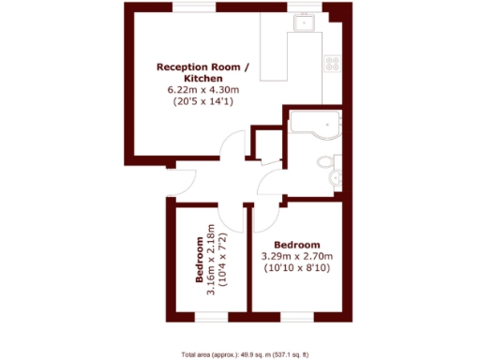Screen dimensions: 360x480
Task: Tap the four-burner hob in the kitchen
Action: (331, 64)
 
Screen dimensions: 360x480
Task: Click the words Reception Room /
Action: (203, 67)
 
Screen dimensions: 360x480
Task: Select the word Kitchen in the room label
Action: (203, 79)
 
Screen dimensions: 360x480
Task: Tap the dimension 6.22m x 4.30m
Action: (203, 90)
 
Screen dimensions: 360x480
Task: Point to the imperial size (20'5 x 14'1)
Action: (203, 102)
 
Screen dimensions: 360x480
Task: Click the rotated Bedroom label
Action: (199, 260)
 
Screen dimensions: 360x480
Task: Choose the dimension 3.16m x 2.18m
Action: (211, 260)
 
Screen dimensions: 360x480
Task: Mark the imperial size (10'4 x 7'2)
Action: (222, 260)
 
